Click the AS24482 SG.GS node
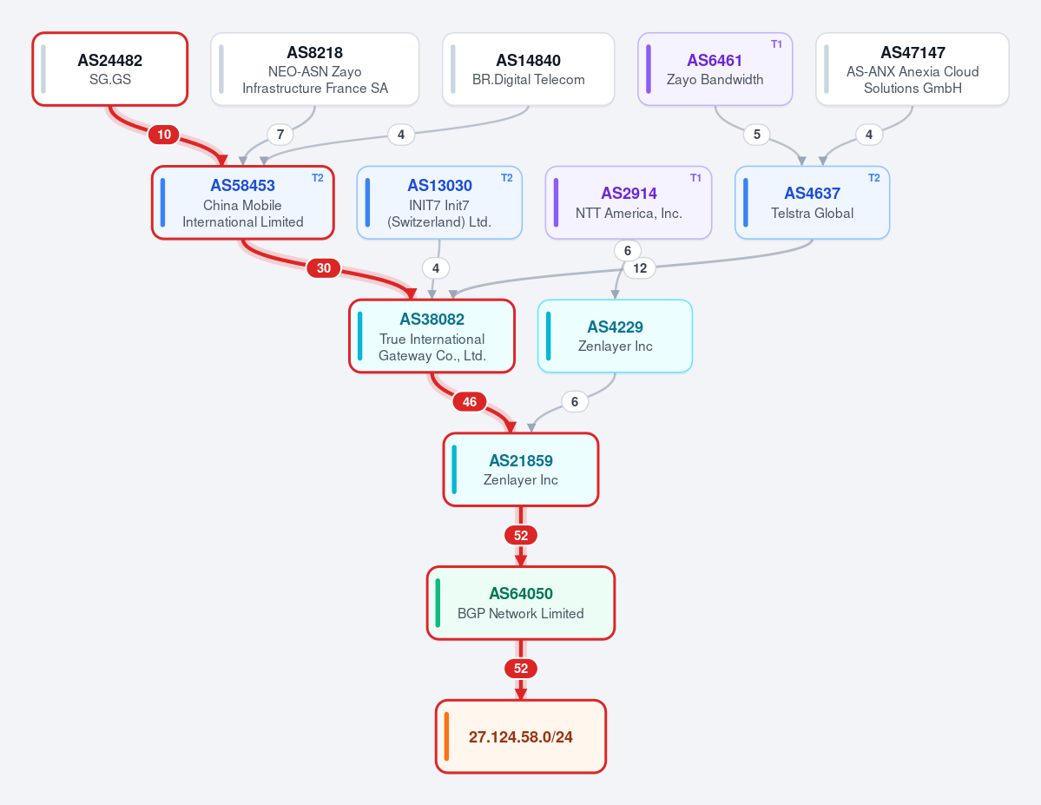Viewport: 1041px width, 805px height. pos(110,69)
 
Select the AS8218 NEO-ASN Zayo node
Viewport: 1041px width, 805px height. pos(314,69)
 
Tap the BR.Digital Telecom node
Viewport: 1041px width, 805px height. pos(529,69)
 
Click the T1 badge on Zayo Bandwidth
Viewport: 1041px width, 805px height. pos(776,44)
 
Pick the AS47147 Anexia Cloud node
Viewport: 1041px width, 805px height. pos(913,69)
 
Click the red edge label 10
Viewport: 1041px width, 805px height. pos(164,135)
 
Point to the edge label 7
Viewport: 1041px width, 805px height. pos(280,135)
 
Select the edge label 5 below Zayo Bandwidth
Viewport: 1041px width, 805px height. pos(757,135)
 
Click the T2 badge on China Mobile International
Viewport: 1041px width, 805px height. pos(318,178)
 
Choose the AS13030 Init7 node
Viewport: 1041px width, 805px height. pos(439,202)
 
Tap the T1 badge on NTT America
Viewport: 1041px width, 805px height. pos(695,178)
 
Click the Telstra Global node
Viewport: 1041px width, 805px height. pos(812,202)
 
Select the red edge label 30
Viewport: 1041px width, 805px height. pos(323,268)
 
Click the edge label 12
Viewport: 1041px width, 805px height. pos(640,268)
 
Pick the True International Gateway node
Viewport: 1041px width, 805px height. pos(432,336)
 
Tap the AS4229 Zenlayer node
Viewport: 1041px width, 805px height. pos(615,336)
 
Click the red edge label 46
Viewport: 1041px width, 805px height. pos(470,402)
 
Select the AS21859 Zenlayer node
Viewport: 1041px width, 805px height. pos(521,470)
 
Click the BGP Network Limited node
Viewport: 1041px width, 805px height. pos(521,603)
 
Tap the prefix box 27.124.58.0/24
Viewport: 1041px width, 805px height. pos(521,736)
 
